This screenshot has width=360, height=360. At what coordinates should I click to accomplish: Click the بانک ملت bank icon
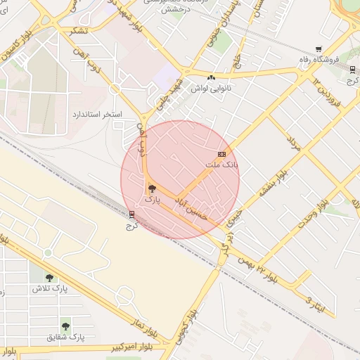222,154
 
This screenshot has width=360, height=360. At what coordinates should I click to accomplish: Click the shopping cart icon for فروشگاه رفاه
319,50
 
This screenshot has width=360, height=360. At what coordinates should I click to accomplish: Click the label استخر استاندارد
97,113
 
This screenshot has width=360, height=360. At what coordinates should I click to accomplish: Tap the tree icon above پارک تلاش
49,277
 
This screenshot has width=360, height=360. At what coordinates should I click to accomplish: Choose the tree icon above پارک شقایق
65,326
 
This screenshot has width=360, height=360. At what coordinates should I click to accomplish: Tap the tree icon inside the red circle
153,188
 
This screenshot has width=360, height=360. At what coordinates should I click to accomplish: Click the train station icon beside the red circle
131,214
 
